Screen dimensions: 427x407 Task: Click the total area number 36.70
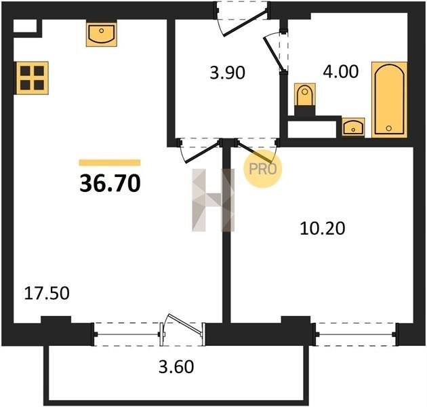pos(110,183)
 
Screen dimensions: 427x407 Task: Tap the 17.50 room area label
pos(47,294)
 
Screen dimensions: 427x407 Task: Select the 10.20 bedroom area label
pos(323,228)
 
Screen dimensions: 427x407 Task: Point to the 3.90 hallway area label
pos(227,73)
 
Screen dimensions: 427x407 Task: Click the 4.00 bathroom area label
pos(341,72)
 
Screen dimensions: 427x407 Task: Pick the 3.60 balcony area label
pos(176,366)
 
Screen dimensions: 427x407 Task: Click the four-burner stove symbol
pos(32,78)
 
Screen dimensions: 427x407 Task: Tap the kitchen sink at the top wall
pos(102,34)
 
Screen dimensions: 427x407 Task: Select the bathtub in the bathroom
pos(390,100)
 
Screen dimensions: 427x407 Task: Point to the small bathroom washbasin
pos(353,127)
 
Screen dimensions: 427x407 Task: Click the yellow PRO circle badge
pos(263,168)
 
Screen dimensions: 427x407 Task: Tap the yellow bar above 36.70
pos(110,163)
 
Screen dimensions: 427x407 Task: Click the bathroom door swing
pos(274,54)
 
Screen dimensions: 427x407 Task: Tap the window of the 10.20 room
pos(356,334)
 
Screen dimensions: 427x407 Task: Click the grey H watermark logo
pos(213,200)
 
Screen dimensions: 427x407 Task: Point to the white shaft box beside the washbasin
pos(312,129)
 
